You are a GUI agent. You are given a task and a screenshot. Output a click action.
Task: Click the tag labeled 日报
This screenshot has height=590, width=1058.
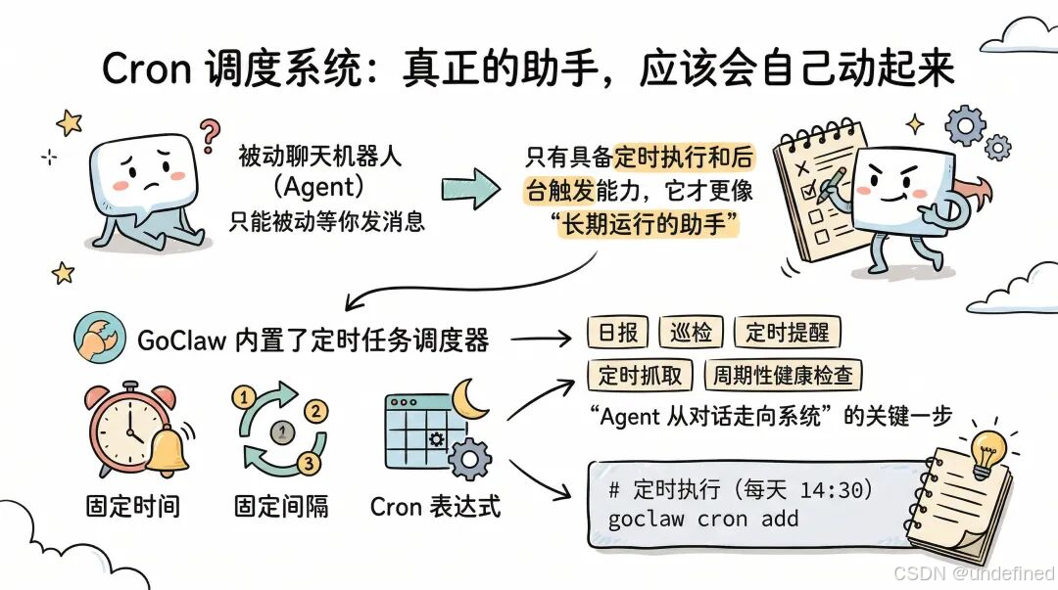coord(616,333)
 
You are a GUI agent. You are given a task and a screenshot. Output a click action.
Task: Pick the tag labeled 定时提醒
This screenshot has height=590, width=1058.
coord(787,333)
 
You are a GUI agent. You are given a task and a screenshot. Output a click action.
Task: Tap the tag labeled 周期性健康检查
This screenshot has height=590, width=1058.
coord(783,376)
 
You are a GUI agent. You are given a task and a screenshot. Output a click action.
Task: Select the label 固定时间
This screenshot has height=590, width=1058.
coord(132,507)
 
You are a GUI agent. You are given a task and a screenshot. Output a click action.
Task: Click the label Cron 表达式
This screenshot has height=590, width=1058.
coord(435,507)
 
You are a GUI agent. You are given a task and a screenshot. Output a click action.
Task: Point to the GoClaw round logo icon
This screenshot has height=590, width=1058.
coord(97,339)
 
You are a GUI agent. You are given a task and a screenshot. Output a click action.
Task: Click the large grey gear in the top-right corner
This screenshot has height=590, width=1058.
coord(967,125)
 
